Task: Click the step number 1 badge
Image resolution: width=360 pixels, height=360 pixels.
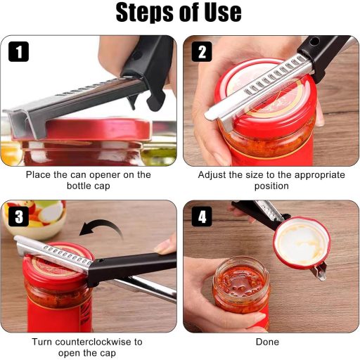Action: tap(18, 51)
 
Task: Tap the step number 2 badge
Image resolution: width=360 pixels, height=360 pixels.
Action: tap(202, 51)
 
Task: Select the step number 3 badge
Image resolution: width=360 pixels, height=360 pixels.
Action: tap(18, 217)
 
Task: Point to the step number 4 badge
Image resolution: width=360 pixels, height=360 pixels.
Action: tap(202, 217)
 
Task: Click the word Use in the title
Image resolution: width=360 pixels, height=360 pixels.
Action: tap(223, 12)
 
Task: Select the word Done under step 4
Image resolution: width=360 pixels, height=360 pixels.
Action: tap(267, 342)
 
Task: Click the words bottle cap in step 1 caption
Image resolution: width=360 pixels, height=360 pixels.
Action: tap(89, 186)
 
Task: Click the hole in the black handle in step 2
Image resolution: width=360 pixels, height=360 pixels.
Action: tap(313, 42)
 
